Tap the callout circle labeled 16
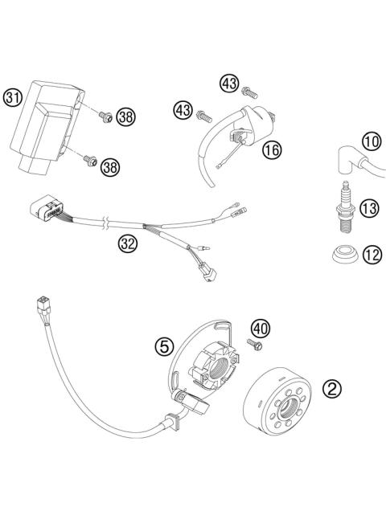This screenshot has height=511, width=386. pos(271,149)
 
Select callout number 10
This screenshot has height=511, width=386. pos(370,144)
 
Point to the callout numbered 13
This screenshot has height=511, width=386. pos(369,209)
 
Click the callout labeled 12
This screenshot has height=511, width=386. pos(369,256)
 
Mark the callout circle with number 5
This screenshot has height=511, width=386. pos(163,346)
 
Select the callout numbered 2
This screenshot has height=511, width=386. pos(333,389)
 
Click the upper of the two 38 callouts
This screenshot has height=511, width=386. pos(125,117)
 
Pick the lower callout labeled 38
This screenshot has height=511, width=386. pos(110,166)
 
